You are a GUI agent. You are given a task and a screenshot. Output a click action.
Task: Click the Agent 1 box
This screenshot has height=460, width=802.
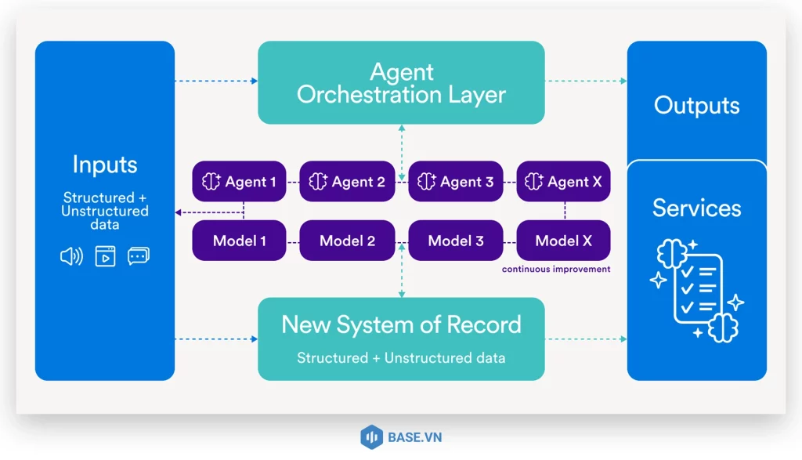pos(239,182)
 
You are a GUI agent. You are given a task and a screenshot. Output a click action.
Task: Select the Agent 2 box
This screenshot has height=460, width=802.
pos(347,182)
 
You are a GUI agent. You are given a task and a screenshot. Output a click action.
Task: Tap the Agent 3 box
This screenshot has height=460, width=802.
pos(455,182)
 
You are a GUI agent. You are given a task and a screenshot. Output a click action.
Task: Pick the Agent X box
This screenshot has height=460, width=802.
pos(563,182)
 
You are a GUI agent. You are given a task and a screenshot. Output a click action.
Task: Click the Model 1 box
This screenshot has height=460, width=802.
pos(239,241)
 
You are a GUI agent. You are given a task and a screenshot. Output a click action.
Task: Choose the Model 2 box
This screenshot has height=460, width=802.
pos(347,241)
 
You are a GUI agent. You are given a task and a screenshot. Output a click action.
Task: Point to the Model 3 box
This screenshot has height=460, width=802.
pos(455,241)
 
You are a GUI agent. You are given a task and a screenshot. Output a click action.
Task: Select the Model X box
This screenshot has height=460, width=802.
pos(563,241)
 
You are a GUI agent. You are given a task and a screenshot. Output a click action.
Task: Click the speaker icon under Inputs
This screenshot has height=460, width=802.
pos(71,256)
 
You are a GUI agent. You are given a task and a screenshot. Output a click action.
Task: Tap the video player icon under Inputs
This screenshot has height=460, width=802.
pos(105,256)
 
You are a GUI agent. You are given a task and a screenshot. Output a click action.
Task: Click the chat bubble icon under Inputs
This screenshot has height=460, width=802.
pos(139,256)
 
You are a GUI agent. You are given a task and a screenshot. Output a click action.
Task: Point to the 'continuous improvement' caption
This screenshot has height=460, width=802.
pos(556,269)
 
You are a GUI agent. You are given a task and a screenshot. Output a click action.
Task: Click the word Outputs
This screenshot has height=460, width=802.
pos(696,106)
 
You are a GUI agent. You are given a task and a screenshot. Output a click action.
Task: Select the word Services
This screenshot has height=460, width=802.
pos(696,208)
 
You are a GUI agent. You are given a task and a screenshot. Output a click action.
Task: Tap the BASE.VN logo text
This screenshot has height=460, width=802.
pos(414,437)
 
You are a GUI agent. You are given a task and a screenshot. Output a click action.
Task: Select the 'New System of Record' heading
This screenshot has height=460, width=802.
pos(401,324)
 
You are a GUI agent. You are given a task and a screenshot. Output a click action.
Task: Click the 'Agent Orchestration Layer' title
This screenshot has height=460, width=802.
pos(401,84)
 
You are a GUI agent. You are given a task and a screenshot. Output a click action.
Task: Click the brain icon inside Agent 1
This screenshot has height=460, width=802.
pos(211,182)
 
